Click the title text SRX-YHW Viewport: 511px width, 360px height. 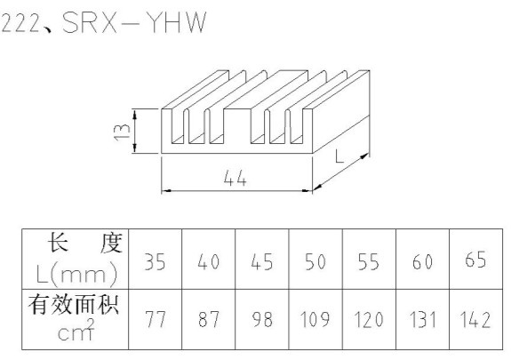(x=134, y=22)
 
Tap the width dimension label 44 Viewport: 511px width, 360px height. (x=235, y=179)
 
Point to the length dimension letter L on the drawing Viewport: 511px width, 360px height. (x=339, y=156)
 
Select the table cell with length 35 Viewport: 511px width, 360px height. (x=156, y=259)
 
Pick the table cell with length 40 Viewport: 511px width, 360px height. (x=209, y=259)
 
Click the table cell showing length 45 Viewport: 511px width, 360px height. (x=262, y=259)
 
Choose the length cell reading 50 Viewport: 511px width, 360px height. (x=315, y=259)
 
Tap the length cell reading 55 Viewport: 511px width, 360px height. (x=369, y=259)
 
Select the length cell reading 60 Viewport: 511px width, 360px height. (x=423, y=259)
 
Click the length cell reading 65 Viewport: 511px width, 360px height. (x=475, y=259)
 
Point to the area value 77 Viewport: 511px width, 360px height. (x=156, y=320)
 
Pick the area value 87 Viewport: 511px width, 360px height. (x=209, y=320)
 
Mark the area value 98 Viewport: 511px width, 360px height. (x=262, y=320)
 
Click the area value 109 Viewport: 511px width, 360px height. (x=315, y=320)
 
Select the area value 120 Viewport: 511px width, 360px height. (x=369, y=320)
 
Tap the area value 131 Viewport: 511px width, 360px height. (x=422, y=320)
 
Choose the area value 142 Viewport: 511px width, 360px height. (x=475, y=320)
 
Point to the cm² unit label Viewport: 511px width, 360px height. (x=76, y=330)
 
